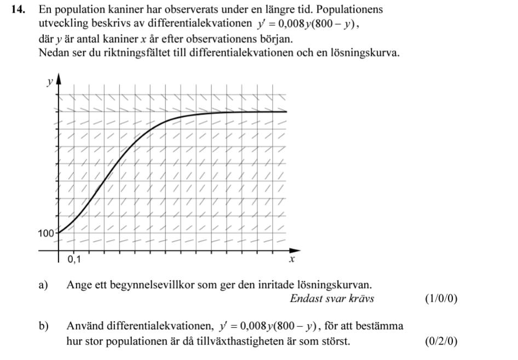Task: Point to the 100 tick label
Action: tap(46, 233)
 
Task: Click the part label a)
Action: tap(44, 285)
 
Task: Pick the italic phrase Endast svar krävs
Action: tap(332, 299)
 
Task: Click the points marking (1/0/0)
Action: tap(441, 299)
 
